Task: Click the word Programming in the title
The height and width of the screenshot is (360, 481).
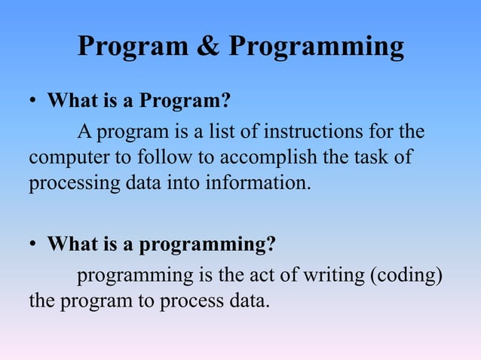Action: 316,48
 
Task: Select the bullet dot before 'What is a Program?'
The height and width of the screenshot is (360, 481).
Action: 33,102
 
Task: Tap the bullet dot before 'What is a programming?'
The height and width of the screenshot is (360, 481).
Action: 33,246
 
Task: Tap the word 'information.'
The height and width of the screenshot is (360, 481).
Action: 263,184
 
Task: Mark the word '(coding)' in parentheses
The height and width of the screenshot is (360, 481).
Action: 405,276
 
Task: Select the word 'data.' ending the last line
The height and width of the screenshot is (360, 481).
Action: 247,302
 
